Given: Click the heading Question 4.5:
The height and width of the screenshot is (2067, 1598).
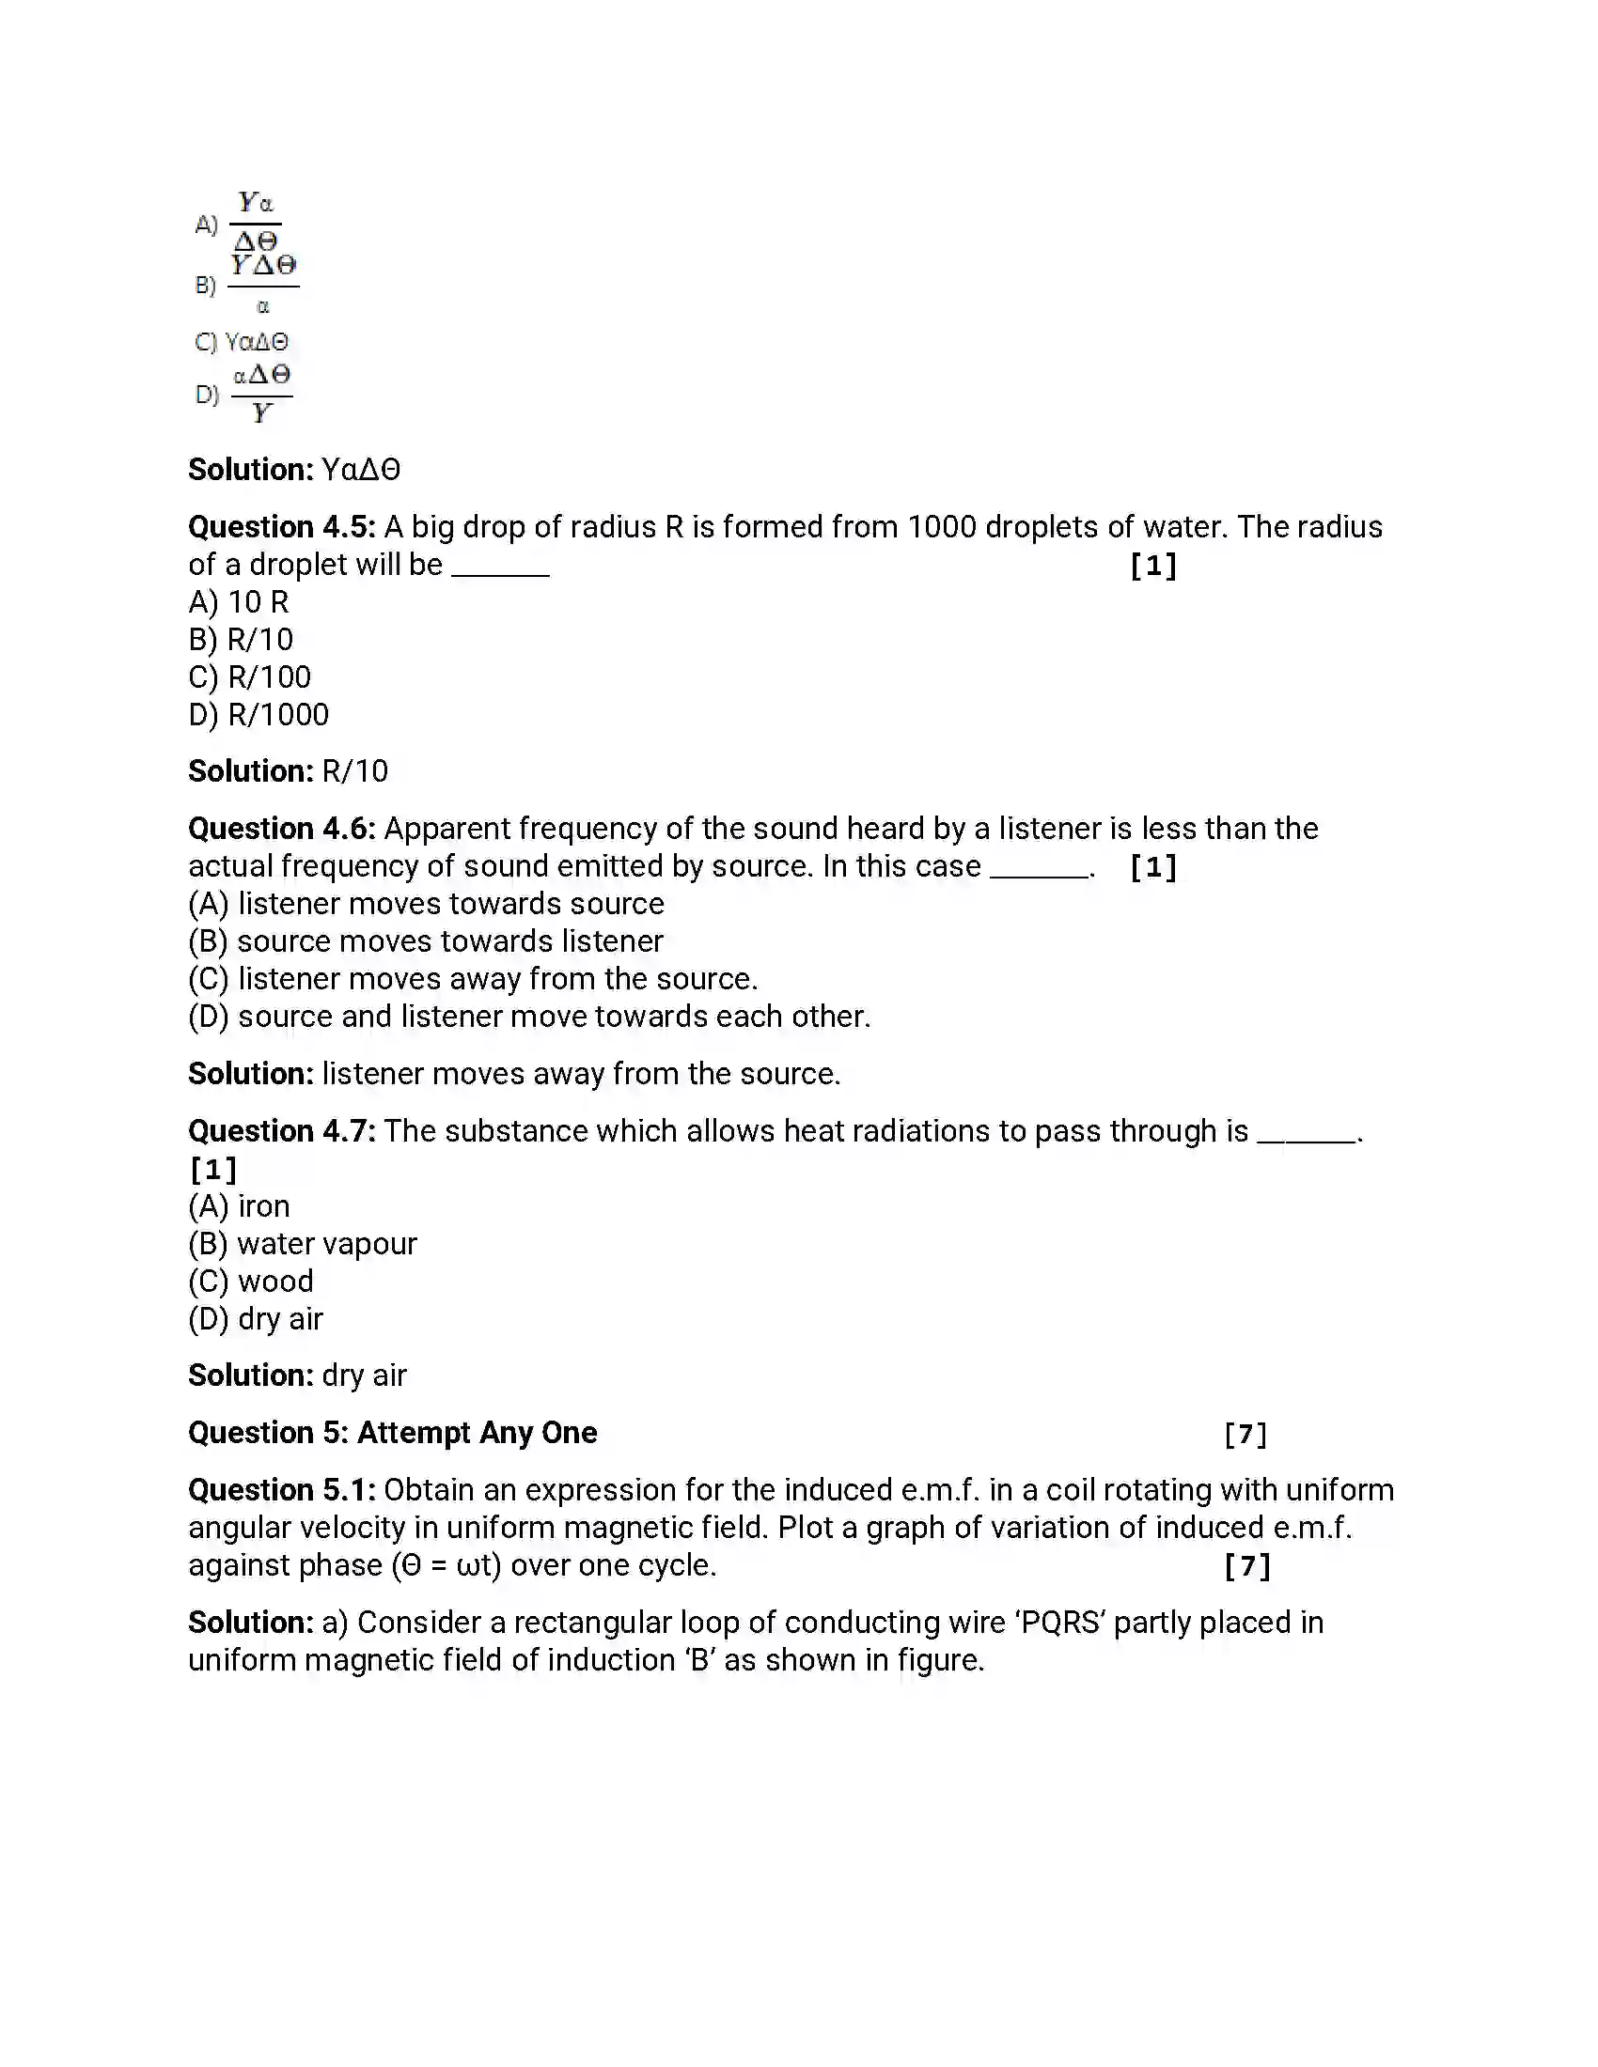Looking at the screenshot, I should coord(281,527).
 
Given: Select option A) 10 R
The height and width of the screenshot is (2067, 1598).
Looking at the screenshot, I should coord(239,602).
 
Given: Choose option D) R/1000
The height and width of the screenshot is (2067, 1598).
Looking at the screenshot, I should coord(258,715).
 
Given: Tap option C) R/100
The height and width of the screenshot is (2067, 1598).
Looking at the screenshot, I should coord(250,677).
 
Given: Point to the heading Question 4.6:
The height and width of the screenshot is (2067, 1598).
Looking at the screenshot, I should coord(281,829).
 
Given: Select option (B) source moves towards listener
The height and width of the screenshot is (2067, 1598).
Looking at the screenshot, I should coord(426,941).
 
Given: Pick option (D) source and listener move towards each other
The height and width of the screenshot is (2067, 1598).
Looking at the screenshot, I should coord(529,1017).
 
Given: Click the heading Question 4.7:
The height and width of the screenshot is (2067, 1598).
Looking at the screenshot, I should coord(281,1131).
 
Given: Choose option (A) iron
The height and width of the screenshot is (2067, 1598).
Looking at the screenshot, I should coord(239,1206).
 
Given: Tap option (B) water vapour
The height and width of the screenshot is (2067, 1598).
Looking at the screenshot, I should coord(303,1244).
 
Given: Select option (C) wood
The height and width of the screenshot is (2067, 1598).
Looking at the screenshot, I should coord(251,1282).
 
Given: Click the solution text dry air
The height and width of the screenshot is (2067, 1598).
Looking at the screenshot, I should coord(364,1375).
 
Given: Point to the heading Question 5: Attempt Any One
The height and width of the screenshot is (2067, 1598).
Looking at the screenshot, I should coord(392,1433).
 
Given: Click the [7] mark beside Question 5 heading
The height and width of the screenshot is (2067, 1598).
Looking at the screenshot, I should coord(1245,1435).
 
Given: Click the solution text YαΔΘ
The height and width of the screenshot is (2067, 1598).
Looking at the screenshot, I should coord(361,470).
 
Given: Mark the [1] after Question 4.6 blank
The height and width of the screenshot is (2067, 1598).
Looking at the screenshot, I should coord(1153,867).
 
